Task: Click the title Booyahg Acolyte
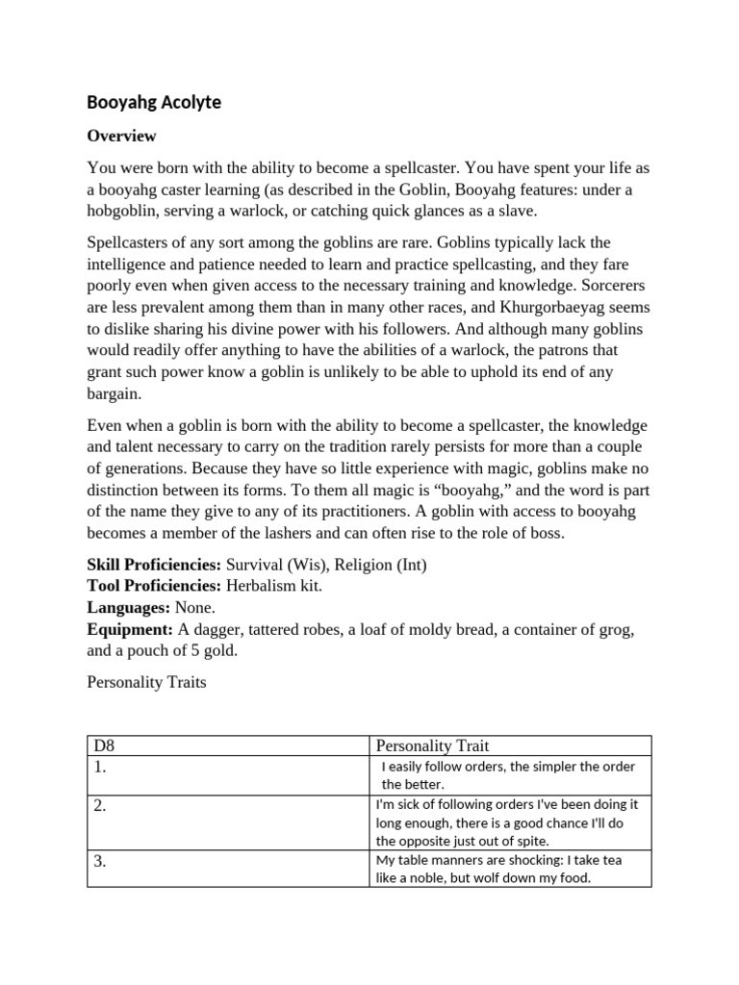(x=154, y=102)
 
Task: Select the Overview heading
(x=121, y=136)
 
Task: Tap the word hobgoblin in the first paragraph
(x=128, y=211)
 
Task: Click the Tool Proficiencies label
(x=153, y=587)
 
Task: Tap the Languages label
(x=129, y=608)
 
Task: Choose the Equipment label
(x=130, y=629)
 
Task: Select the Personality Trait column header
(x=434, y=745)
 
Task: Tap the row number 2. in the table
(x=100, y=806)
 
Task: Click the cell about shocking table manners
(x=498, y=869)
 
